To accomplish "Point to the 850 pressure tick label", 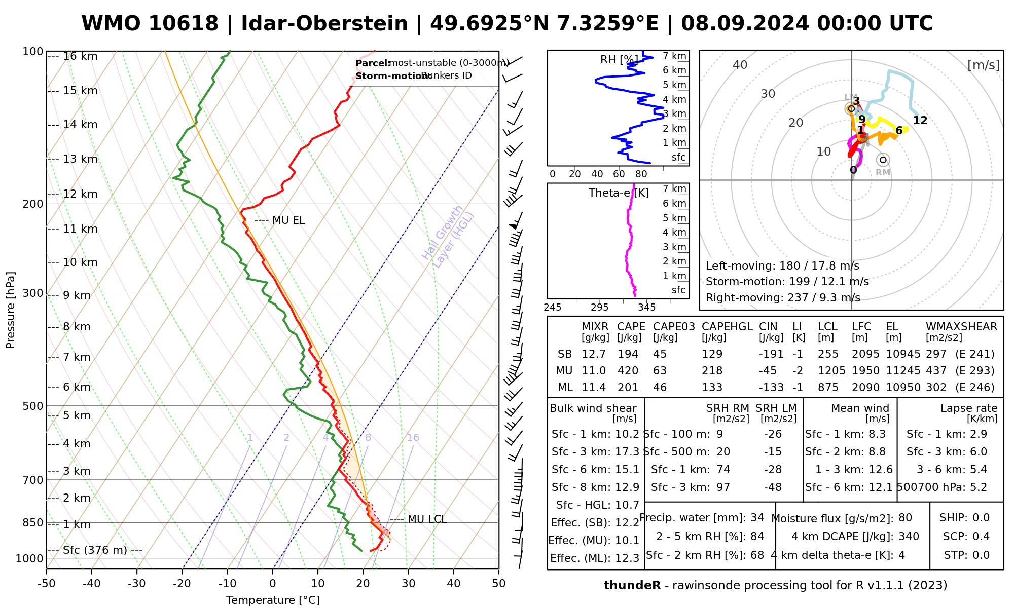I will (33, 523).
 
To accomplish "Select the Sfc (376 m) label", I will (95, 550).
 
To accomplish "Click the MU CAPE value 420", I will (628, 370).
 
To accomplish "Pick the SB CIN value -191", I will (771, 354).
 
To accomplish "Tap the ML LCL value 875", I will (827, 388).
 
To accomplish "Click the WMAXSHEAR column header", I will (961, 327).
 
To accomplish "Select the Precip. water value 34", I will (757, 518).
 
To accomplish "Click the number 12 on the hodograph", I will (920, 121).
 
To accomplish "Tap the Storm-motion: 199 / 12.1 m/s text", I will (787, 282).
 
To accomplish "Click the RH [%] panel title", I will (619, 60).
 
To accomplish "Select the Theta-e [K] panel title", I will (619, 193).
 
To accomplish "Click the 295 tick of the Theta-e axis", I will (599, 307).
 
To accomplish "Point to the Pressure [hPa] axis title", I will (11, 310).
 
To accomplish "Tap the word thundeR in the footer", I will (632, 586).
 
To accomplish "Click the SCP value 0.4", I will (981, 537).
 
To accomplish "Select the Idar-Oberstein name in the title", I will (324, 24).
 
